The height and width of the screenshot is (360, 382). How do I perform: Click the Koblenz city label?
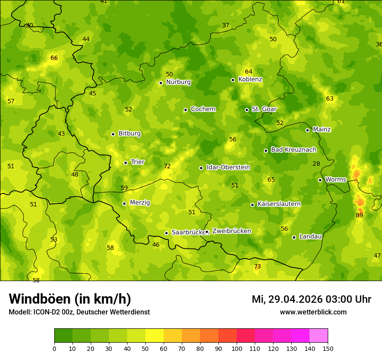(x=250, y=79)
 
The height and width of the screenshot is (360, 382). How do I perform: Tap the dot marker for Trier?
(x=126, y=163)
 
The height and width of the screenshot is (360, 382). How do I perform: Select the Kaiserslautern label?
(x=279, y=204)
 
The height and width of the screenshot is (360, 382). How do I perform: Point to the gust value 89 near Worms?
(x=359, y=215)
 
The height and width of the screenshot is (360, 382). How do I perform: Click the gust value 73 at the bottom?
(x=257, y=266)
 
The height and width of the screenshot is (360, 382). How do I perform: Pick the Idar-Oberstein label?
(x=228, y=167)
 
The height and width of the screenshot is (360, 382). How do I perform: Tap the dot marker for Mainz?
(x=307, y=130)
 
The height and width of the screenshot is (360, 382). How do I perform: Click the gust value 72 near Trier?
(x=167, y=166)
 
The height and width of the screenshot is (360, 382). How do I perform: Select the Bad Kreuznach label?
(x=293, y=150)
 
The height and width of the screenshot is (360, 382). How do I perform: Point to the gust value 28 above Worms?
(x=316, y=164)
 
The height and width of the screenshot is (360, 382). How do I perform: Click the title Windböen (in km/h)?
(x=70, y=299)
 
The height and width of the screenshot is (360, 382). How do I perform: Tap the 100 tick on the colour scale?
(x=237, y=348)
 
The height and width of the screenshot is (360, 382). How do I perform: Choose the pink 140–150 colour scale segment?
(x=319, y=336)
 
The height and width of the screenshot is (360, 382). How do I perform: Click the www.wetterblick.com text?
(x=313, y=312)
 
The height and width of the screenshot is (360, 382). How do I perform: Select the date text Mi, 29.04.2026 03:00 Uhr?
(x=311, y=299)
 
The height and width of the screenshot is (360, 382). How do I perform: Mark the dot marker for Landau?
(x=294, y=237)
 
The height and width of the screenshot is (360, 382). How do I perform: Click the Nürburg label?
(x=178, y=82)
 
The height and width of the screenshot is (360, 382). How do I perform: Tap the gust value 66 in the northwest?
(x=54, y=58)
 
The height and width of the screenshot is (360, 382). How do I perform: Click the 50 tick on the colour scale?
(x=145, y=348)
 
